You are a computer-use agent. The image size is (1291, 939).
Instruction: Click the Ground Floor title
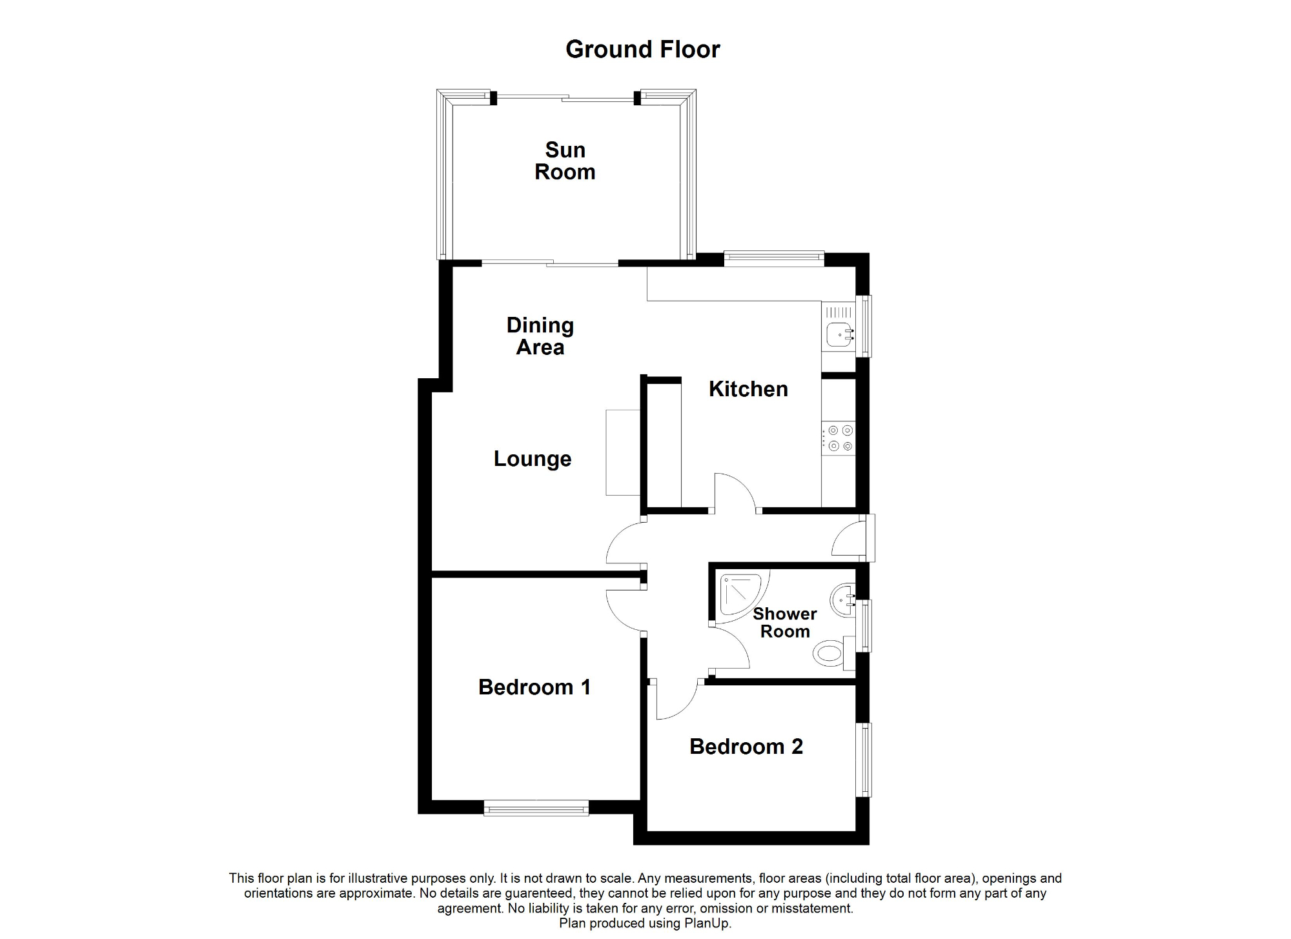tap(642, 50)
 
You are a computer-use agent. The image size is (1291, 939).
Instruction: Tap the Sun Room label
tap(565, 161)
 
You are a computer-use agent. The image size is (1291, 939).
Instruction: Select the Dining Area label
tap(540, 336)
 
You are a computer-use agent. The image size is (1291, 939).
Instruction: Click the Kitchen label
tap(748, 389)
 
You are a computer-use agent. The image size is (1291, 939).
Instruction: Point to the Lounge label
tap(533, 459)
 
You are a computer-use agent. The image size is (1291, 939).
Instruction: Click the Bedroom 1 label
tap(534, 687)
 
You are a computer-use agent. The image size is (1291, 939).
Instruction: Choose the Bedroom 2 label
tap(746, 747)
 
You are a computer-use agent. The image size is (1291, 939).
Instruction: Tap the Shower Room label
tap(785, 623)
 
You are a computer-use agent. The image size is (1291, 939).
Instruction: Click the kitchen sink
tap(839, 334)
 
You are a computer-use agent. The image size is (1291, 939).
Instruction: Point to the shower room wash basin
tap(843, 600)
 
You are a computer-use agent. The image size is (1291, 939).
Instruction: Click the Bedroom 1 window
tap(536, 807)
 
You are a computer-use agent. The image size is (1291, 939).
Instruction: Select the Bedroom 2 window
tap(864, 760)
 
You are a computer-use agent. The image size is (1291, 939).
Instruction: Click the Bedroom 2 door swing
tap(675, 700)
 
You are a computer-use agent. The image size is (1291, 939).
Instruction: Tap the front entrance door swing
tap(849, 539)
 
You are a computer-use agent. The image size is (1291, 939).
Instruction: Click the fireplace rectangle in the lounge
tap(622, 452)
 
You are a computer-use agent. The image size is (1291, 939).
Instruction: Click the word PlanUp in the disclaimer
tap(709, 924)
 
